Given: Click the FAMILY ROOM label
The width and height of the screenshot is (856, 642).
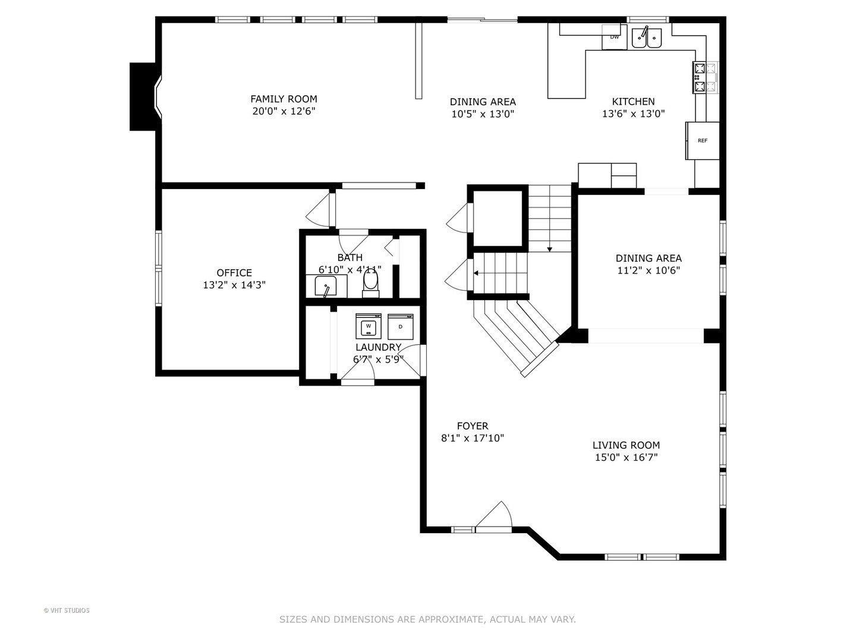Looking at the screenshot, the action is (284, 99).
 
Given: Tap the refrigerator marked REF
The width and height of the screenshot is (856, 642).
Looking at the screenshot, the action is (703, 141).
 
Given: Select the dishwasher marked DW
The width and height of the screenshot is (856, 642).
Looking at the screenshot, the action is (614, 37).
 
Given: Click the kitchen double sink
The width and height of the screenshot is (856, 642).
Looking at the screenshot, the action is (647, 37).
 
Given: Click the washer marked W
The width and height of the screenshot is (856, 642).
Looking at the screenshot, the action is (368, 326).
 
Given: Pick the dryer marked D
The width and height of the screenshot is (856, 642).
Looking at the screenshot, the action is (401, 327).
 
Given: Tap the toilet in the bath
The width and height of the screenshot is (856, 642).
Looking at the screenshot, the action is (370, 283).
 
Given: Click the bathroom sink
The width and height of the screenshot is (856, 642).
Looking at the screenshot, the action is (326, 286).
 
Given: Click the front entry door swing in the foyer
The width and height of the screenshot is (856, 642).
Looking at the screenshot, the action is (494, 516).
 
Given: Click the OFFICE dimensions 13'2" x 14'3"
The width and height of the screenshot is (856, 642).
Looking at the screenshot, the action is (234, 285).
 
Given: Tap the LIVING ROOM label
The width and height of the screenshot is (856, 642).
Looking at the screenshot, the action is (626, 445).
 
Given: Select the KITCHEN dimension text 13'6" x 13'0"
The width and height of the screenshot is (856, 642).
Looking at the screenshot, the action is (633, 114).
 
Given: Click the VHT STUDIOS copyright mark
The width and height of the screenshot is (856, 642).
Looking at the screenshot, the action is (67, 610).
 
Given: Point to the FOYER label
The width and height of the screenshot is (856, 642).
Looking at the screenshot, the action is (472, 426).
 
